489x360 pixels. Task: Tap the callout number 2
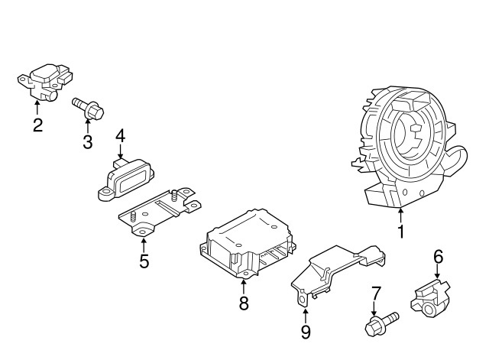37,126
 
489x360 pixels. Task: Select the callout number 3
87,141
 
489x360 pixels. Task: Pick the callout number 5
144,261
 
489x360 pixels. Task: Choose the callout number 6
439,256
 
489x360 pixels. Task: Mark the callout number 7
375,293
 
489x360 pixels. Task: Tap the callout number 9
305,331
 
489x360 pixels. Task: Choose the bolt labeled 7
379,323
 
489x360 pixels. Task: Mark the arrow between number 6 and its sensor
438,273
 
